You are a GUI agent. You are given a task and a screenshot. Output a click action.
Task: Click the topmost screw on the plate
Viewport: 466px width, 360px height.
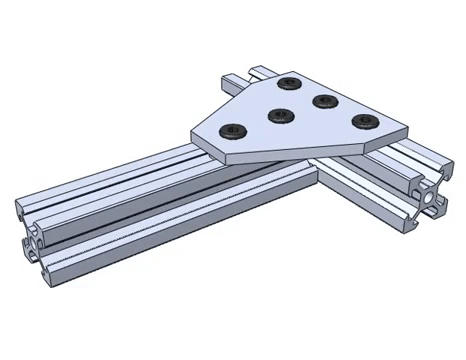290,83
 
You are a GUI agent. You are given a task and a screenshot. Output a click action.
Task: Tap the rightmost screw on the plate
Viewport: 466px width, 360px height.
362,121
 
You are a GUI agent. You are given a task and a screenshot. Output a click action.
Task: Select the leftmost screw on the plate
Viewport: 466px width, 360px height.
232,130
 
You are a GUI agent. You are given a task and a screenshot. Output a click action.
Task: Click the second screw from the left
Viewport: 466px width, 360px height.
280,114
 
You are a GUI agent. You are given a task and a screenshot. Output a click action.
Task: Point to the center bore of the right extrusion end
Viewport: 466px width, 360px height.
430,200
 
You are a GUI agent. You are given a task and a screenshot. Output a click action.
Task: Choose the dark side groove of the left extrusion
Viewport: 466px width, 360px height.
150,215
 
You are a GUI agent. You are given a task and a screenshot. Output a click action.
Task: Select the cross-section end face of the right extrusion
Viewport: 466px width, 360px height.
430,200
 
